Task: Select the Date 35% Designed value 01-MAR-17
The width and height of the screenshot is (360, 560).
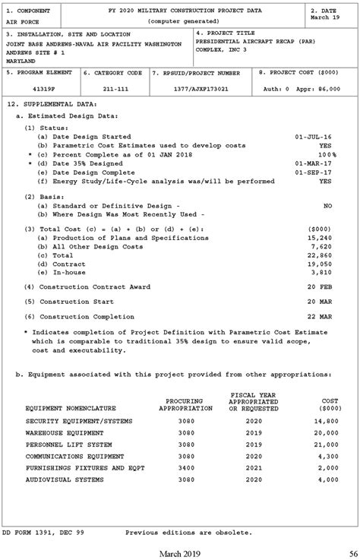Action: [313, 163]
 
